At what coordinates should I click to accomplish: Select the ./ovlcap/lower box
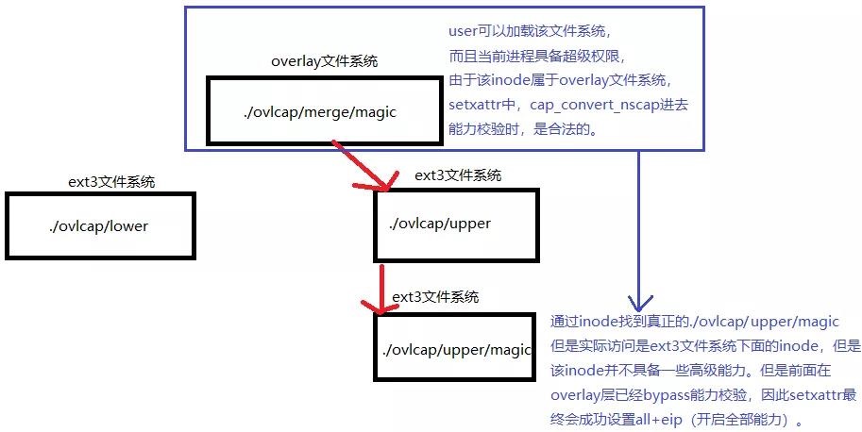click(100, 226)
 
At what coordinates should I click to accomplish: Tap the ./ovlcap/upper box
click(455, 224)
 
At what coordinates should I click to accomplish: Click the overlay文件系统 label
click(324, 62)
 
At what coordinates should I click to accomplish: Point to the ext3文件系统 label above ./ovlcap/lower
click(112, 182)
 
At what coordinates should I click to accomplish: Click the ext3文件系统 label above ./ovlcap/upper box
click(458, 175)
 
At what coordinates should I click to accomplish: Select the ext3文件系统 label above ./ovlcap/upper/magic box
click(435, 296)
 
